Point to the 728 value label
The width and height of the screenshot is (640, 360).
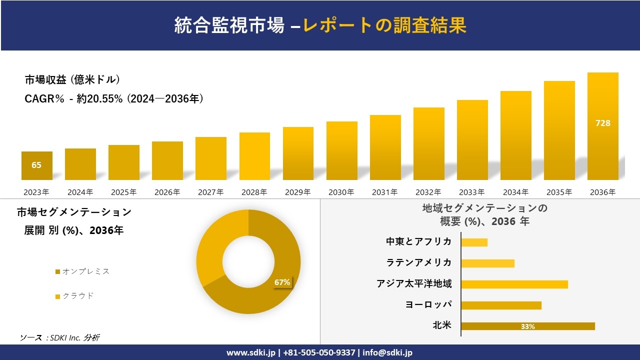[x=602, y=123]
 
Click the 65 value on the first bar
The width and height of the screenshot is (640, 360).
[x=36, y=165]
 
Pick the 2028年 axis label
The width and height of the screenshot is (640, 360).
[x=254, y=192]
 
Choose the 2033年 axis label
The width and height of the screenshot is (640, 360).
[x=472, y=192]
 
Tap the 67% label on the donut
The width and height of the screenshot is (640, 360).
[x=282, y=282]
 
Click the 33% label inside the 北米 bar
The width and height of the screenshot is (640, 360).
[x=527, y=326]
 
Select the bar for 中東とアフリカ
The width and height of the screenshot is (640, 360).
[x=474, y=242]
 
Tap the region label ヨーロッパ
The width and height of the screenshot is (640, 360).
[x=428, y=304]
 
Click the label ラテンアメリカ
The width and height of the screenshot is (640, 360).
[x=418, y=262]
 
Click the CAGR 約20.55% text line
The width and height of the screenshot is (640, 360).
[x=114, y=99]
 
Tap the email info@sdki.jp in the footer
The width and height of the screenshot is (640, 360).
[x=387, y=352]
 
